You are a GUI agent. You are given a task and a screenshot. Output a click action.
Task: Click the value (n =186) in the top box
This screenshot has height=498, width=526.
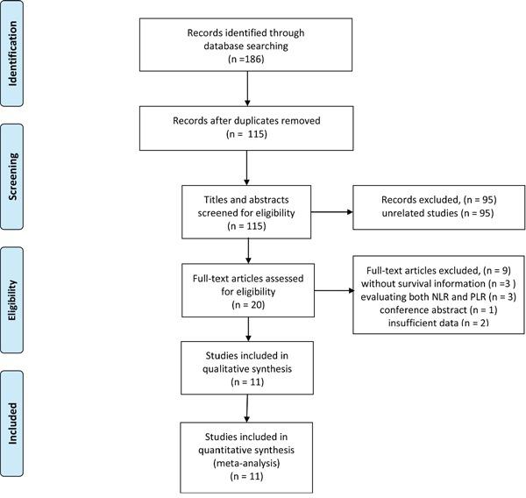click(249, 60)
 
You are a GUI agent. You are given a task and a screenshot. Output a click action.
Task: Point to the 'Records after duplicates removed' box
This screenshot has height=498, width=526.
click(249, 129)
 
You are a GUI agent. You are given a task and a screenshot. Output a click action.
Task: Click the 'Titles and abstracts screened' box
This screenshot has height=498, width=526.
click(249, 210)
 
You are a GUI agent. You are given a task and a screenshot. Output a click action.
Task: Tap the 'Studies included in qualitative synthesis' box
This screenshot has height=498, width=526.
click(249, 372)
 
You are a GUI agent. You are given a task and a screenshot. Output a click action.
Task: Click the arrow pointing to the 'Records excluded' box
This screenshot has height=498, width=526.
click(348, 210)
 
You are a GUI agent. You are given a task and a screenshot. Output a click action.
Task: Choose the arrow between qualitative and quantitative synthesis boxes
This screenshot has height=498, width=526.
click(249, 409)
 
